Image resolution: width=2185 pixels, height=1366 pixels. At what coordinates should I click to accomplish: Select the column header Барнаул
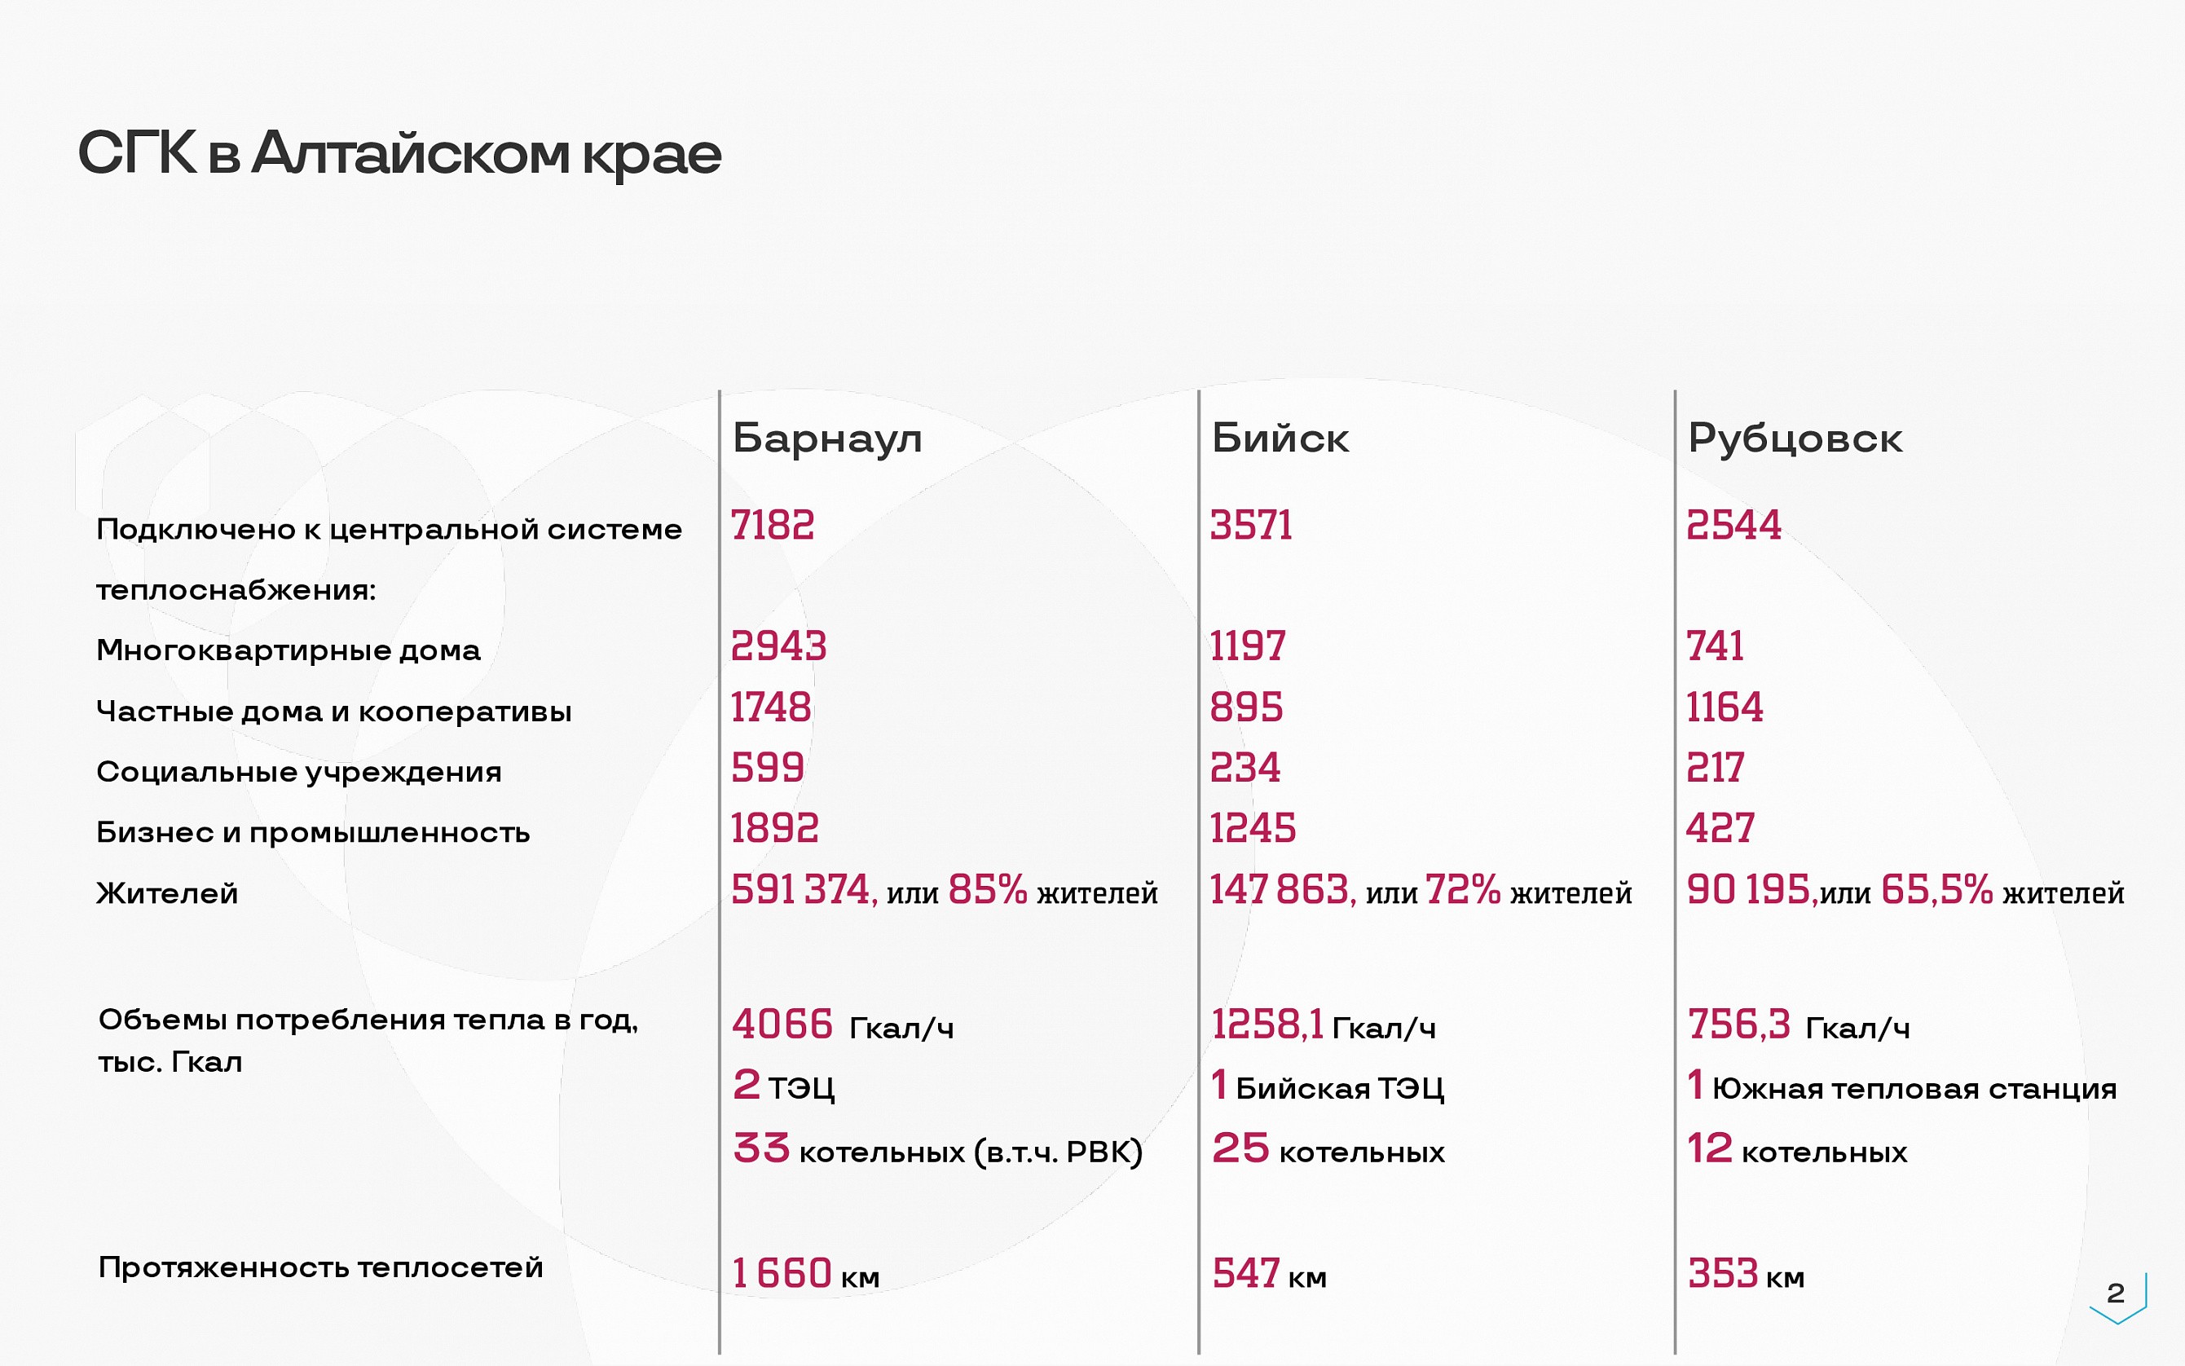pyautogui.click(x=826, y=440)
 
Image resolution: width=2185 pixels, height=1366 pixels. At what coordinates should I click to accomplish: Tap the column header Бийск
pyautogui.click(x=1279, y=438)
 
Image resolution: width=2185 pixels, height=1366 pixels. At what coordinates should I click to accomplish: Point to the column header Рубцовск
pyautogui.click(x=1794, y=440)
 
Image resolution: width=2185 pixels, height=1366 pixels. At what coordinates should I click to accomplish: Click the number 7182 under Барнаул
pyautogui.click(x=773, y=525)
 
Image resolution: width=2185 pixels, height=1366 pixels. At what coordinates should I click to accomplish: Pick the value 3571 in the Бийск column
pyautogui.click(x=1251, y=525)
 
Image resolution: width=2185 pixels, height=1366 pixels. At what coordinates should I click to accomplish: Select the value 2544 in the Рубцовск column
pyautogui.click(x=1733, y=525)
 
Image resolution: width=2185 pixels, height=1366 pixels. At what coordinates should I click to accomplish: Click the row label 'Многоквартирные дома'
pyautogui.click(x=289, y=650)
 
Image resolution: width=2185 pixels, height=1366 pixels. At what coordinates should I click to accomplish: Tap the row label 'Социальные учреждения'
pyautogui.click(x=298, y=773)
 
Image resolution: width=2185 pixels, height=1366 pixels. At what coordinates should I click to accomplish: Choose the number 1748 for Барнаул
pyautogui.click(x=770, y=707)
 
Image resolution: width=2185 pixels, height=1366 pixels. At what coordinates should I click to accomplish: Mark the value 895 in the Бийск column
pyautogui.click(x=1245, y=707)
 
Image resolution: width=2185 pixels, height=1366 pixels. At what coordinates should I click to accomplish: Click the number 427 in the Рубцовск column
pyautogui.click(x=1720, y=828)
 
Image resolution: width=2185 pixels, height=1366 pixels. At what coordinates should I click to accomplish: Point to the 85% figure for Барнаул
pyautogui.click(x=987, y=890)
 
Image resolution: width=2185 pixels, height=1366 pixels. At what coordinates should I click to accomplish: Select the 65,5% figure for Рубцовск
pyautogui.click(x=1936, y=890)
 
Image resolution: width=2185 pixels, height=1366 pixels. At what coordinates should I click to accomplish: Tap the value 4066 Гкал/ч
pyautogui.click(x=843, y=1025)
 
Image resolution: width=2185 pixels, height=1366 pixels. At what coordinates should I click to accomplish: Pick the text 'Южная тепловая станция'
pyautogui.click(x=1914, y=1090)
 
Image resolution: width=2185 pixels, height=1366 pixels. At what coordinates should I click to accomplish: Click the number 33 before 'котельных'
pyautogui.click(x=761, y=1148)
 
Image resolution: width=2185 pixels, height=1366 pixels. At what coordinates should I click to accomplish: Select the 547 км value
pyautogui.click(x=1269, y=1274)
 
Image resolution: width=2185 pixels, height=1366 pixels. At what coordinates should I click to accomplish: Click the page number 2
pyautogui.click(x=2116, y=1293)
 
